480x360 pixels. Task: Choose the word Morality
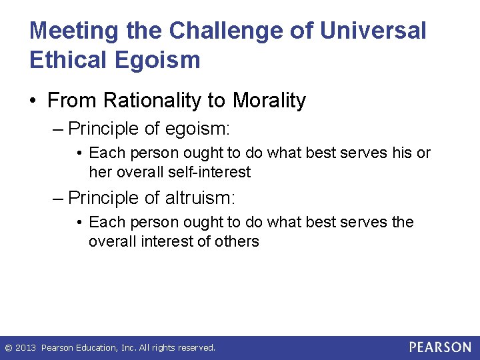coord(269,101)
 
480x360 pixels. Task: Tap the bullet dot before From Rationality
coord(35,101)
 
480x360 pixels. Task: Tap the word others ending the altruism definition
coord(236,241)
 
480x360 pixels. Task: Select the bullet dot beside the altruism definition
coord(79,223)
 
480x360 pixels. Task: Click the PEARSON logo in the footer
coord(440,347)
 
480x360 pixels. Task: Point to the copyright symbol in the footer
coord(8,348)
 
